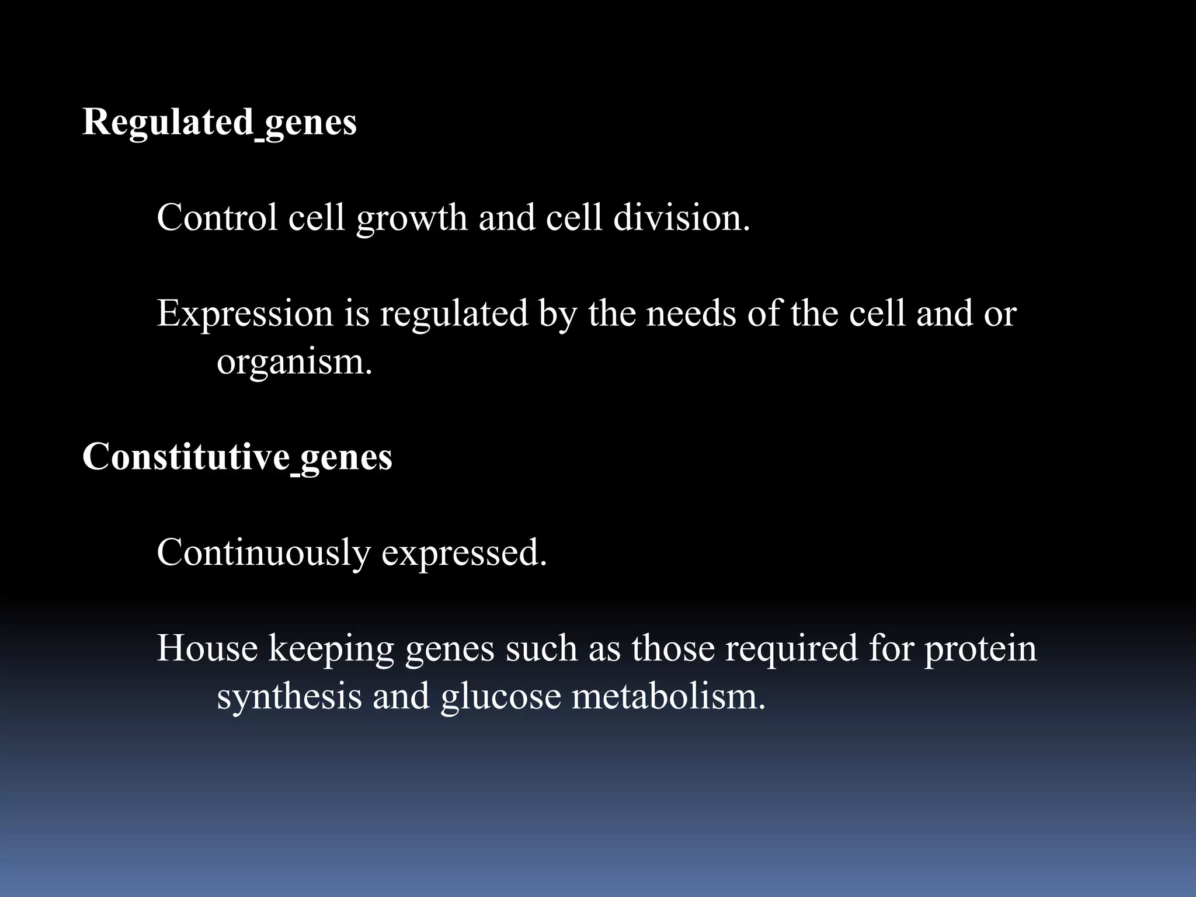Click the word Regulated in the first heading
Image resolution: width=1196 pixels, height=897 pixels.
[x=168, y=123]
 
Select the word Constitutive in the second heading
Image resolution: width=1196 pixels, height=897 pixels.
[x=186, y=457]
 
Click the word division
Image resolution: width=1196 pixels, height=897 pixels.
[x=681, y=218]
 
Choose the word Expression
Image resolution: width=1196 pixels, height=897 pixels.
[x=245, y=314]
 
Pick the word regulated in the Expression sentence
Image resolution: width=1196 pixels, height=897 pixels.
[x=454, y=314]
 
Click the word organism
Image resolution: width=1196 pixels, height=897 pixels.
[x=294, y=363]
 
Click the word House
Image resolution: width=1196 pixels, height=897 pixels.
[x=207, y=649]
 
